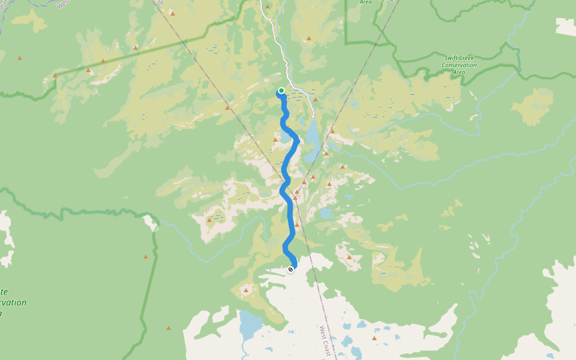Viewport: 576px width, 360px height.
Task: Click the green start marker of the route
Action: click(281, 91)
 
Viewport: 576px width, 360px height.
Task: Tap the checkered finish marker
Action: click(291, 269)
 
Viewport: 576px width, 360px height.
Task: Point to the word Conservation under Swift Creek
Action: click(459, 65)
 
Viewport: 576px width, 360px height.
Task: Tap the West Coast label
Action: click(325, 341)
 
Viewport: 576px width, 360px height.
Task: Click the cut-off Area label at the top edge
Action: click(365, 2)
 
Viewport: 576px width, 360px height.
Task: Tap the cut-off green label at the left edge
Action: click(12, 302)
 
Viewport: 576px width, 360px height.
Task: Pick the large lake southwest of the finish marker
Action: click(250, 324)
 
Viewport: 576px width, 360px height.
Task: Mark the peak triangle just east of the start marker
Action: click(315, 100)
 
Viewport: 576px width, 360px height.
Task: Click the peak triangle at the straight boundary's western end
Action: click(55, 76)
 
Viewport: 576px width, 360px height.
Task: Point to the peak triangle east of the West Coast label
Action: click(374, 338)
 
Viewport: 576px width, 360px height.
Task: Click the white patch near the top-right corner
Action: click(565, 26)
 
